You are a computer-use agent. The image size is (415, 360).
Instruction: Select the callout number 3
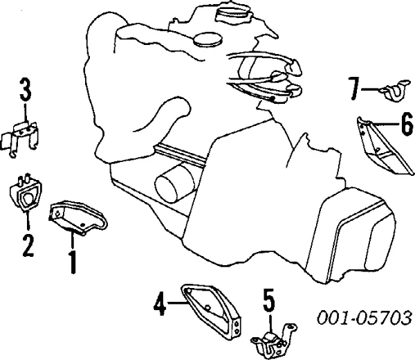(x=25, y=91)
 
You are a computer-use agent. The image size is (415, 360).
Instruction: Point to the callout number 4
(x=160, y=303)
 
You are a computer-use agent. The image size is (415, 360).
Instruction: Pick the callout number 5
(x=268, y=300)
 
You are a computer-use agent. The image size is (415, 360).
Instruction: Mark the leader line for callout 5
(x=270, y=321)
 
